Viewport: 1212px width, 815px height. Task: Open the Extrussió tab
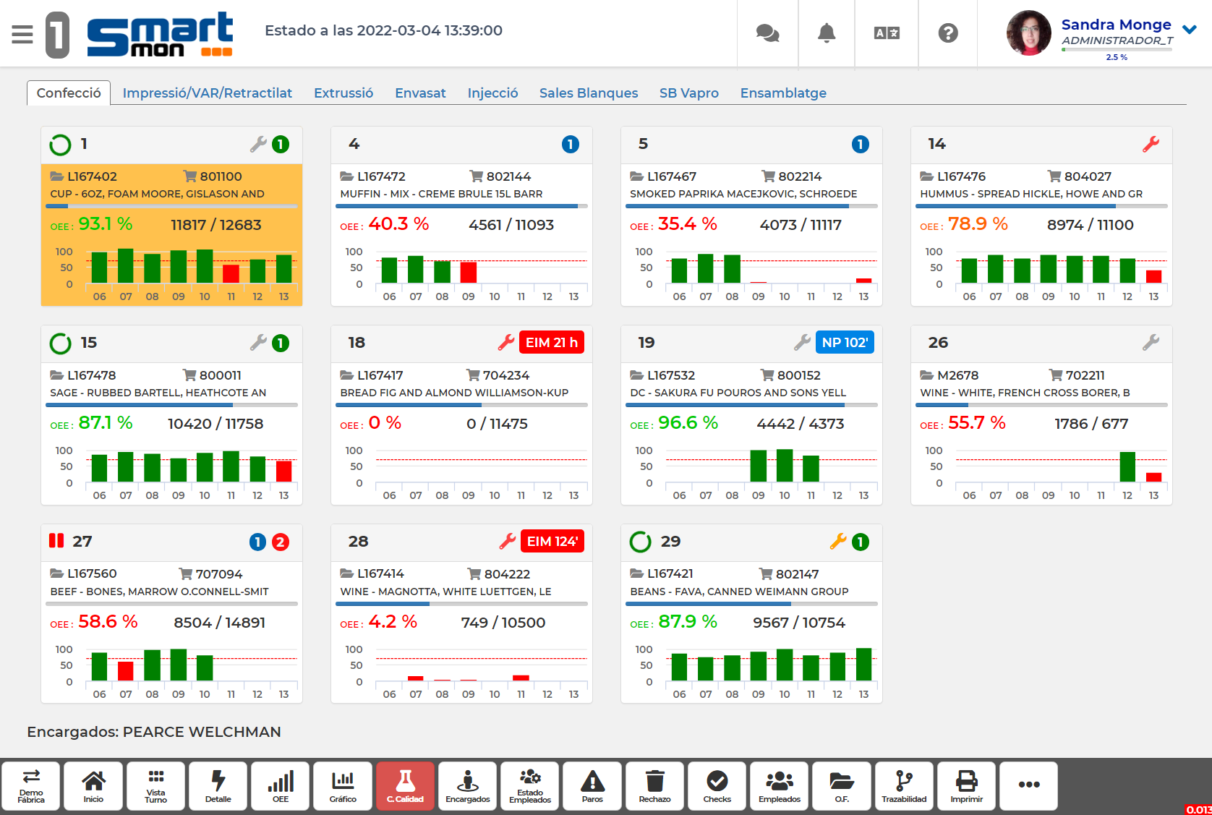pyautogui.click(x=343, y=93)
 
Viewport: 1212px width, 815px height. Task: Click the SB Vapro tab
pyautogui.click(x=688, y=93)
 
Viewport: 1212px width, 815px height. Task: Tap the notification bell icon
pyautogui.click(x=827, y=33)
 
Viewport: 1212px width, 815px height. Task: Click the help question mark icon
pyautogui.click(x=947, y=33)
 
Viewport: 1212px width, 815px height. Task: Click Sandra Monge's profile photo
pyautogui.click(x=1028, y=33)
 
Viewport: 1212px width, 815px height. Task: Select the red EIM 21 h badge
pyautogui.click(x=551, y=343)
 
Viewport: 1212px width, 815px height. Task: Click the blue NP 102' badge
pyautogui.click(x=844, y=343)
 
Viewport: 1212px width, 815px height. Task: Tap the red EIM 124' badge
pyautogui.click(x=552, y=542)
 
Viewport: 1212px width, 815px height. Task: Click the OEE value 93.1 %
pyautogui.click(x=106, y=224)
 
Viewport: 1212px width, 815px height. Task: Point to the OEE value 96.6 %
pyautogui.click(x=688, y=423)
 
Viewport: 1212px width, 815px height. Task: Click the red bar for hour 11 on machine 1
pyautogui.click(x=231, y=274)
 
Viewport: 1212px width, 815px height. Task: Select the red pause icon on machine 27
pyautogui.click(x=56, y=541)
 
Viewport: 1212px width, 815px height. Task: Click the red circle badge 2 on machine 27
pyautogui.click(x=281, y=542)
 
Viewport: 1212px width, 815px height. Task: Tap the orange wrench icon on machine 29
pyautogui.click(x=837, y=541)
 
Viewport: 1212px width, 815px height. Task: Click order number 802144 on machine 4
pyautogui.click(x=508, y=176)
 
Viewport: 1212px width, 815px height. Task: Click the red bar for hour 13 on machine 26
pyautogui.click(x=1153, y=477)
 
